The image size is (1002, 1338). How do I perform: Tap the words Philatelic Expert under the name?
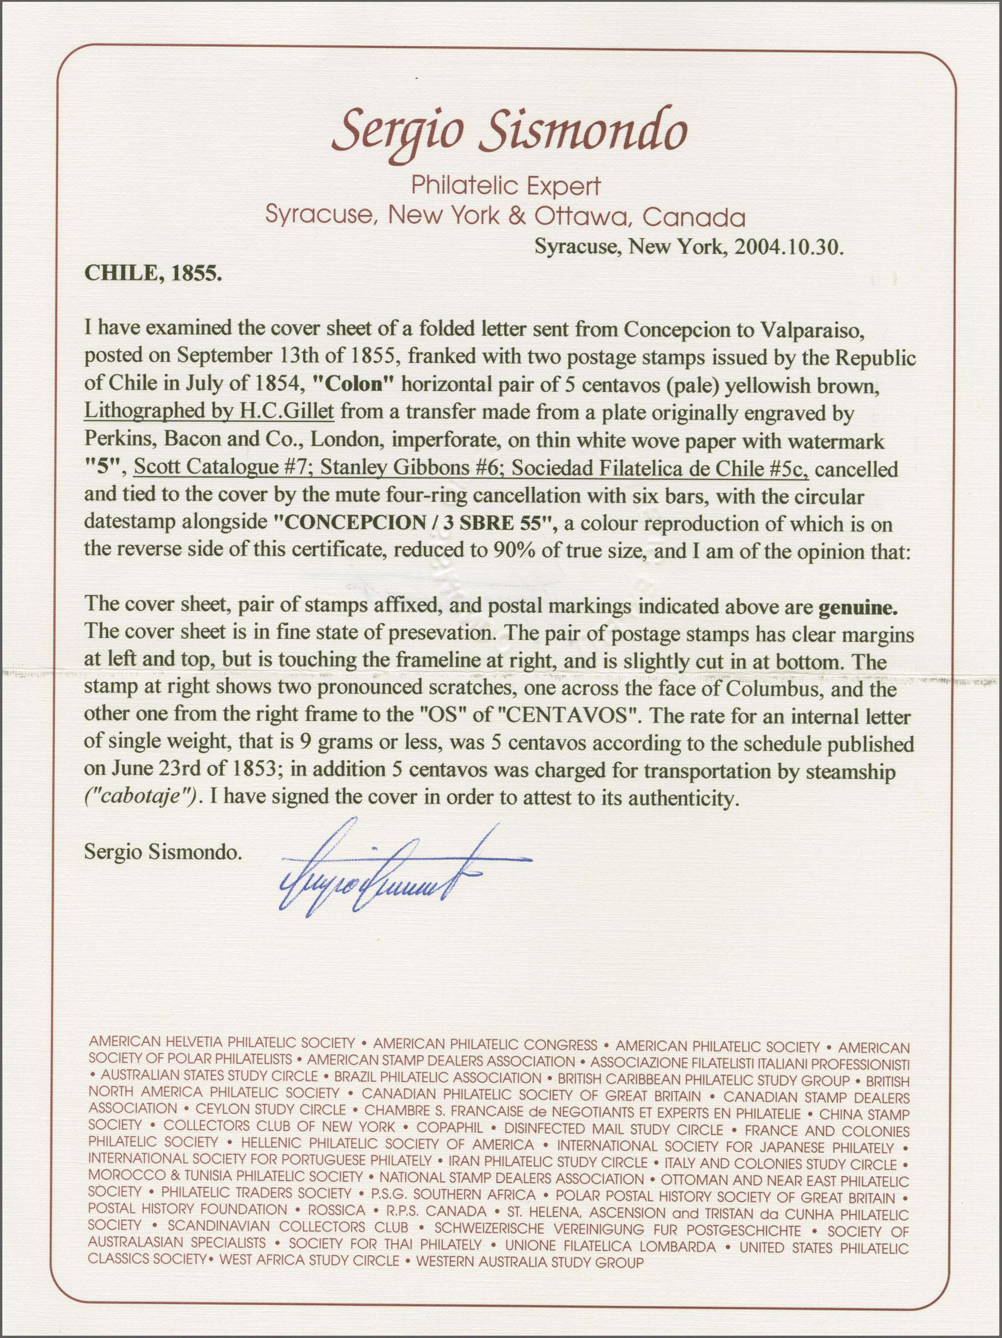506,186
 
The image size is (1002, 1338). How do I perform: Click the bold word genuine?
857,607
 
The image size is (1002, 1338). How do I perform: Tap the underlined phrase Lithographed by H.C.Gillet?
209,413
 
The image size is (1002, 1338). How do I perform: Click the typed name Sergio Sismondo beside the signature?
163,853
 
